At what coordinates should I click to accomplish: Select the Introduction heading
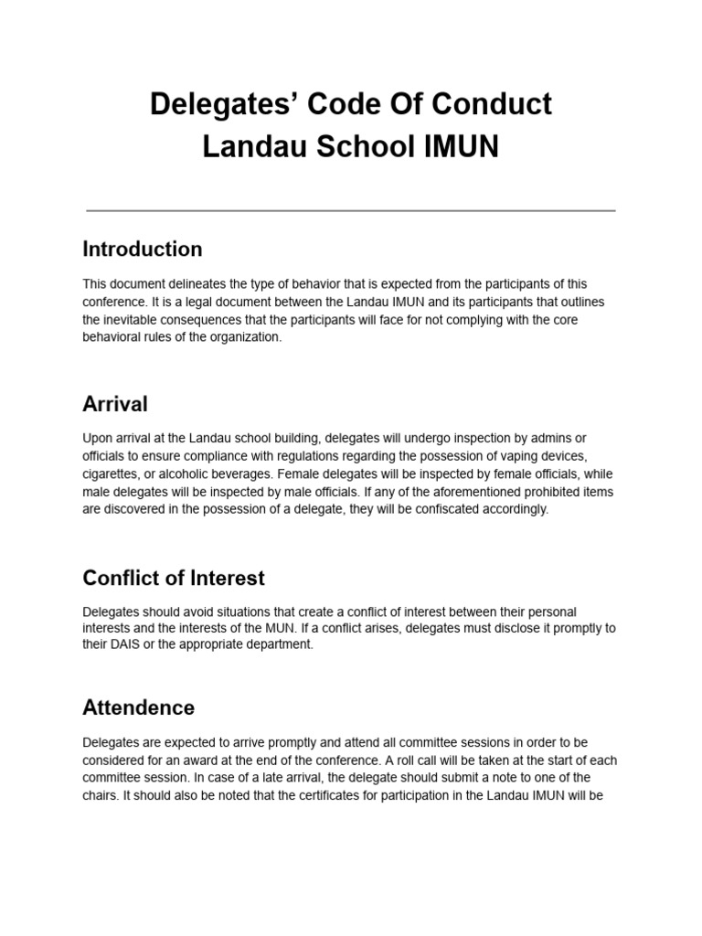(x=142, y=250)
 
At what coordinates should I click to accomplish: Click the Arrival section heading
(x=114, y=404)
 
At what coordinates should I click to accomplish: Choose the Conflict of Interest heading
(x=174, y=578)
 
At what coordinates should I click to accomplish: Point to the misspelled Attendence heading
(x=138, y=707)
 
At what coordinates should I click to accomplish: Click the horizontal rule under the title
(x=351, y=210)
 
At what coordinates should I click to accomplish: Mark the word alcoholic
(x=197, y=474)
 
